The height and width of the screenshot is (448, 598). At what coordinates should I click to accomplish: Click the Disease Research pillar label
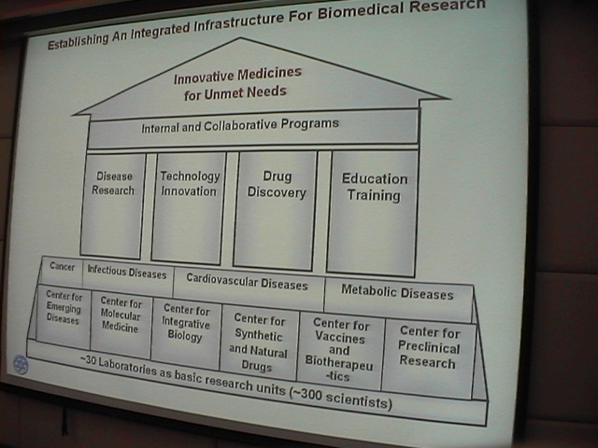(x=113, y=183)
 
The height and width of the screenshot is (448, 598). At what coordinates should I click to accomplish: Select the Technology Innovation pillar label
(x=190, y=183)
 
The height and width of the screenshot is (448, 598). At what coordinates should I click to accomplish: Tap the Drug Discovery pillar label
(x=277, y=185)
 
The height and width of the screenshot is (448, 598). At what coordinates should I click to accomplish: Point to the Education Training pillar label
(x=374, y=187)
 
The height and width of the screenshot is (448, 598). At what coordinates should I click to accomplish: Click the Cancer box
(x=62, y=270)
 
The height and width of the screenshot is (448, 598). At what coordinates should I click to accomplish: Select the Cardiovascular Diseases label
(x=247, y=282)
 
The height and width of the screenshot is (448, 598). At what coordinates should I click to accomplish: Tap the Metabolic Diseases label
(x=397, y=292)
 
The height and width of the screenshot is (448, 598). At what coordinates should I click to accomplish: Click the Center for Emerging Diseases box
(x=64, y=315)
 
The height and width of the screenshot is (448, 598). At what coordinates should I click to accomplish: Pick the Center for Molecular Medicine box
(x=121, y=325)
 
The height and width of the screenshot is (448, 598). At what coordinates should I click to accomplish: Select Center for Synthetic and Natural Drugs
(x=258, y=343)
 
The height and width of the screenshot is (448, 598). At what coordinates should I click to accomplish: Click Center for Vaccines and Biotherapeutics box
(x=340, y=350)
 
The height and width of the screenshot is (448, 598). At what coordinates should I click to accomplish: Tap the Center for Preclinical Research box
(x=429, y=358)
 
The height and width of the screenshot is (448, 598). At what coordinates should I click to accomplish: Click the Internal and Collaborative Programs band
(x=252, y=129)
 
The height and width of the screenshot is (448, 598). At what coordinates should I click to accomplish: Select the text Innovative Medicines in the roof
(x=237, y=76)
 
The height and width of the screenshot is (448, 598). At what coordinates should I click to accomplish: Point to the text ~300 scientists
(x=341, y=398)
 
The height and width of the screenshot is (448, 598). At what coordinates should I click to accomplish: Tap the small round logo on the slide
(x=21, y=364)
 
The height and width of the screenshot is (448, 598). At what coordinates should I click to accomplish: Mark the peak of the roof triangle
(x=240, y=37)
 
